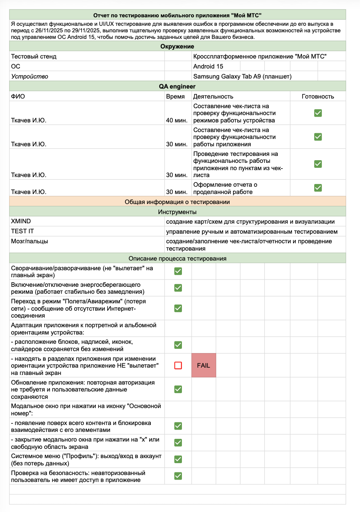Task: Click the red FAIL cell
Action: tap(203, 365)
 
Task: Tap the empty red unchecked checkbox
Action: tap(178, 365)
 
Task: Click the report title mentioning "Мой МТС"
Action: tap(177, 15)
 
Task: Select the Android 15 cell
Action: tap(208, 66)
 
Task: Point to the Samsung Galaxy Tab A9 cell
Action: tap(242, 76)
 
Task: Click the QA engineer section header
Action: tap(177, 86)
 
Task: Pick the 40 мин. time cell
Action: tap(177, 120)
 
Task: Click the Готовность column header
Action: tap(318, 96)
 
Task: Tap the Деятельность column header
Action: tap(213, 96)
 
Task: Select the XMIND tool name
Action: tap(21, 221)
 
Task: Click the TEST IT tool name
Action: tap(22, 231)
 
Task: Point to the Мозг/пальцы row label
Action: tap(30, 241)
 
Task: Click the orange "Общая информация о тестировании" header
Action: tap(177, 202)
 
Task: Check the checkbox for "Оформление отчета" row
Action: tap(318, 188)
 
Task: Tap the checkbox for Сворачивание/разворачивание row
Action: tap(178, 271)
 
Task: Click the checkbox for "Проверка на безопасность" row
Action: tap(178, 476)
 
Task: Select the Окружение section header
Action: tap(177, 46)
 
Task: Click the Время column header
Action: tap(175, 96)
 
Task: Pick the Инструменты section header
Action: tap(177, 212)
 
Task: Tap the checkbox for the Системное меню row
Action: tap(178, 459)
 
